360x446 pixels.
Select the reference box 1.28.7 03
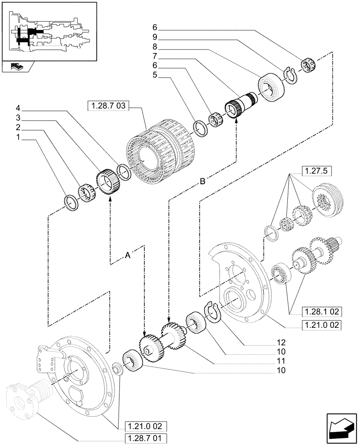pyautogui.click(x=108, y=106)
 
